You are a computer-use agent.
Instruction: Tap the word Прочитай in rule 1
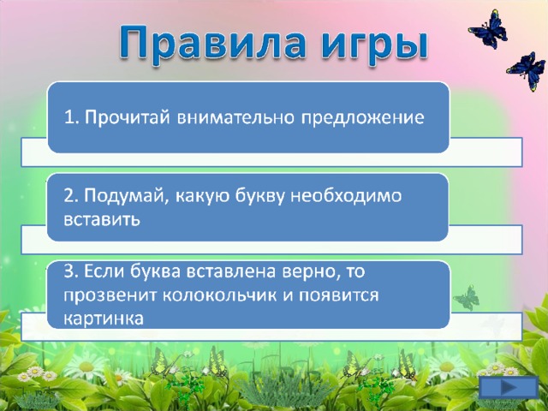click(128, 116)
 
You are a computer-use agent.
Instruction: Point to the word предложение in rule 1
click(363, 117)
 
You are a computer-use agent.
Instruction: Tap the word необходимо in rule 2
click(346, 195)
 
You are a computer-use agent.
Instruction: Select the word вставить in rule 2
click(102, 219)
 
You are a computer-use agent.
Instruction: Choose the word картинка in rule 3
click(104, 319)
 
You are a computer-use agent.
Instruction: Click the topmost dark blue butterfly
click(488, 29)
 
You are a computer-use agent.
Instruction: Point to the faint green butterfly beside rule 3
click(466, 297)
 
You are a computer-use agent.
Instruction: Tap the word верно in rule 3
click(307, 271)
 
